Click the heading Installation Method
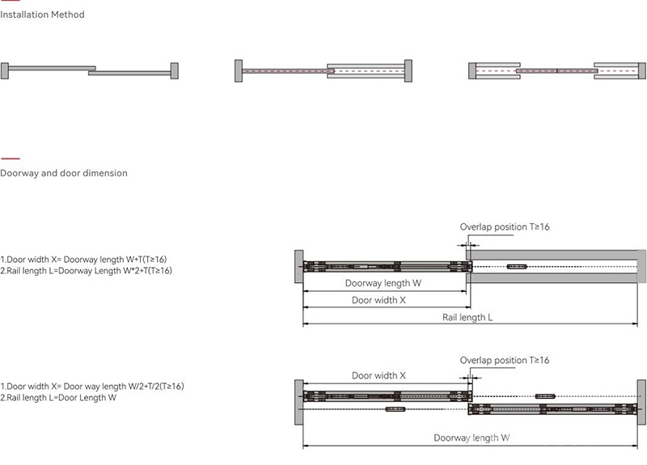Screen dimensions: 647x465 pyautogui.click(x=42, y=15)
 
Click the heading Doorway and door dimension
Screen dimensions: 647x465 pyautogui.click(x=64, y=173)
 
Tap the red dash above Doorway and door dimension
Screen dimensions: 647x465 pyautogui.click(x=11, y=159)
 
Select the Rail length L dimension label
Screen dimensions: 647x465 pyautogui.click(x=467, y=317)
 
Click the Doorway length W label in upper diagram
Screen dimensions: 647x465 pyautogui.click(x=383, y=283)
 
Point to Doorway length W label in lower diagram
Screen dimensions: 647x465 pyautogui.click(x=472, y=438)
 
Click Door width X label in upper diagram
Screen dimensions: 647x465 pyautogui.click(x=378, y=300)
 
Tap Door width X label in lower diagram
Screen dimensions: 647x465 pyautogui.click(x=378, y=375)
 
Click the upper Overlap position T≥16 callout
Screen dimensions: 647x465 pyautogui.click(x=504, y=226)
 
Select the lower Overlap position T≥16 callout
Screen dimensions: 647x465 pyautogui.click(x=504, y=360)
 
